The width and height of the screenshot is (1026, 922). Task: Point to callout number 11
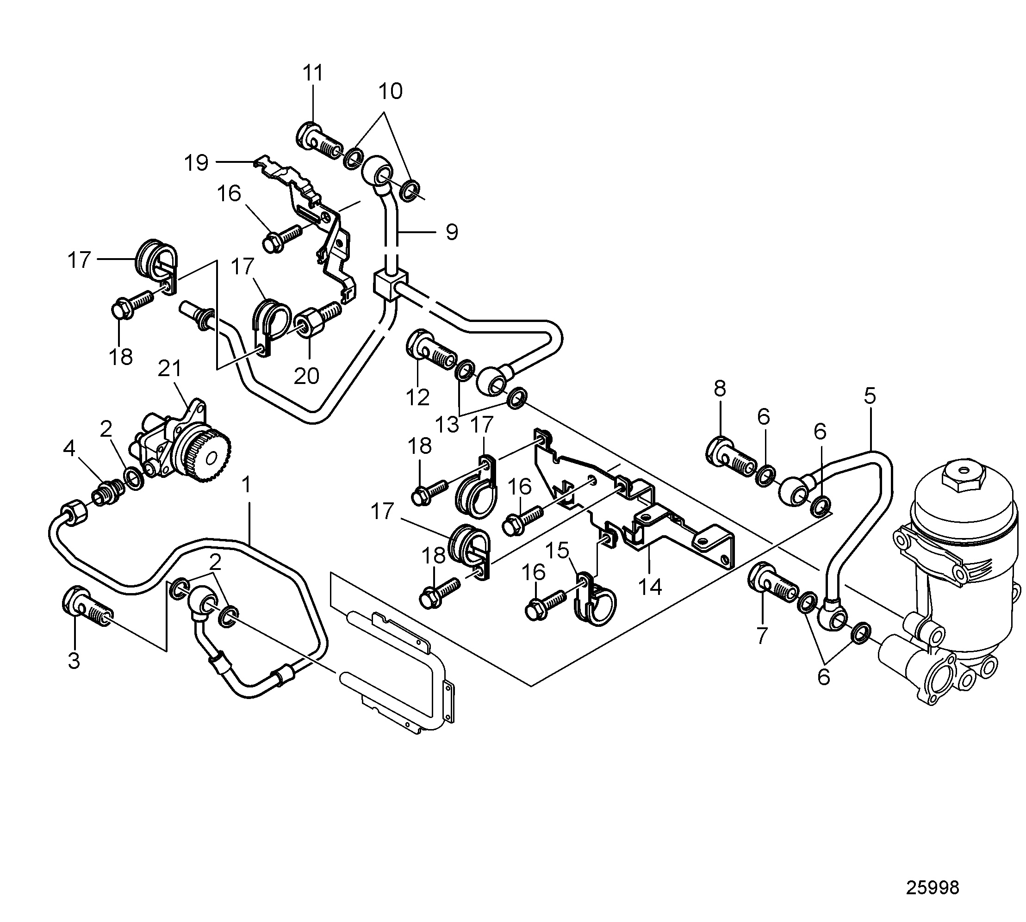pos(313,73)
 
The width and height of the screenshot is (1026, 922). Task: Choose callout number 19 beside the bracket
pos(196,163)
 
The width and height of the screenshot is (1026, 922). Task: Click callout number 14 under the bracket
pos(650,587)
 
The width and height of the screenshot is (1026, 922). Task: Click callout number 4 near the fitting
pos(69,447)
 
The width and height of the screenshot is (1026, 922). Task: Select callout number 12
pos(417,397)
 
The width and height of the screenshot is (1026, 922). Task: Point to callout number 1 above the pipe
pos(246,485)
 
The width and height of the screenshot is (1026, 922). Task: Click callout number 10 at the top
pos(390,91)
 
